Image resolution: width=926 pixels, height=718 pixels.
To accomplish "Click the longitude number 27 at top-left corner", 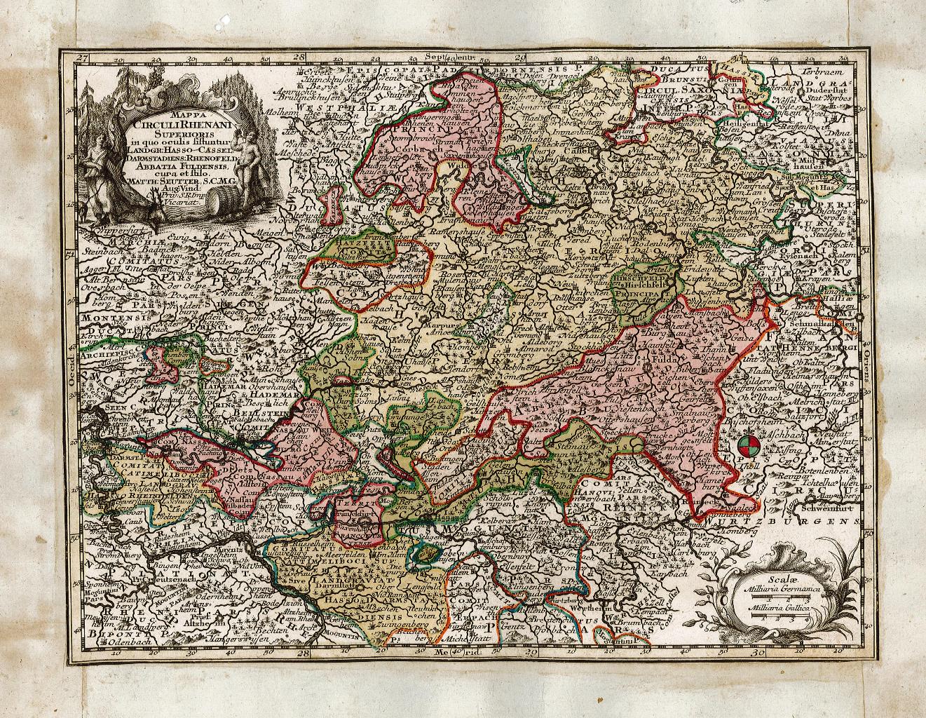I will pyautogui.click(x=83, y=59).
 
